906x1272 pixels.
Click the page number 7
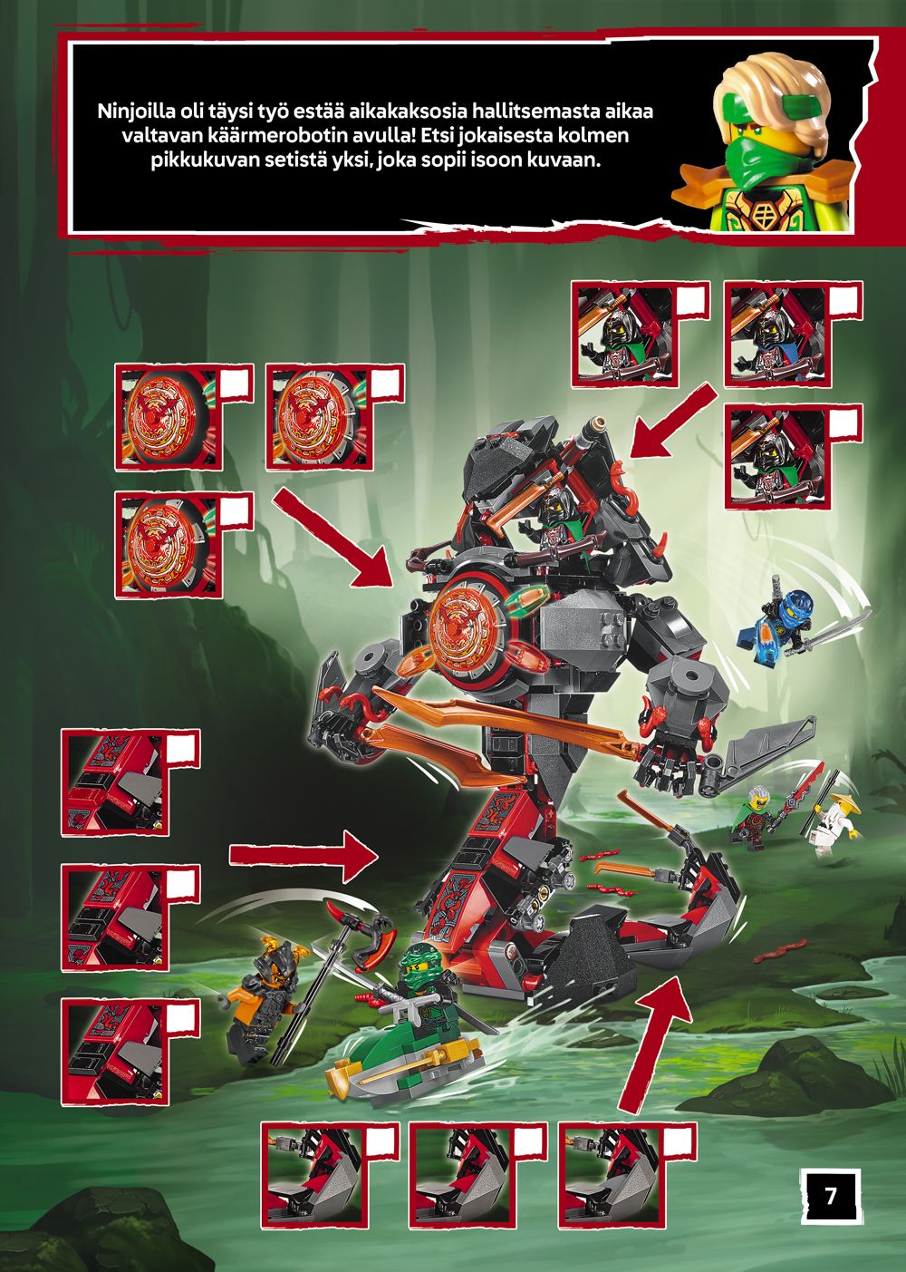830,1196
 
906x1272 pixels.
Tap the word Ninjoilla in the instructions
134,111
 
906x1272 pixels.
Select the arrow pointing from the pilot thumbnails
673,421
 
